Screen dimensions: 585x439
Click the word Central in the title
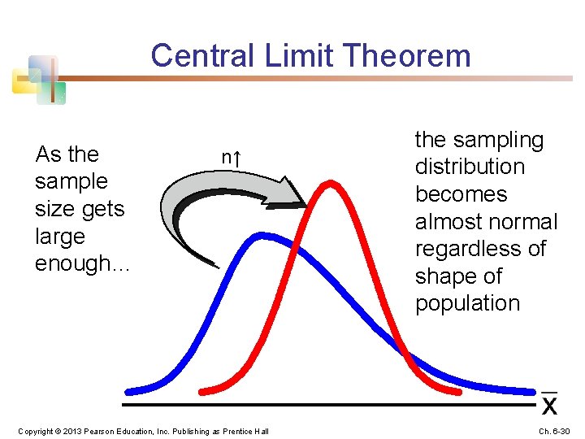[x=202, y=55]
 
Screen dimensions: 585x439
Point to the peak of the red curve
[x=331, y=184]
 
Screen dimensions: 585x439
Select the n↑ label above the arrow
[x=232, y=158]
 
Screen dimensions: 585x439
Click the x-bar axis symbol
[x=549, y=403]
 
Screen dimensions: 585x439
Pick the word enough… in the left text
[x=82, y=263]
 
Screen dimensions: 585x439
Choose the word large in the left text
[x=60, y=237]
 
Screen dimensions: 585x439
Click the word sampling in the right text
[x=498, y=141]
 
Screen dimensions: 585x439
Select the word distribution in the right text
[x=470, y=167]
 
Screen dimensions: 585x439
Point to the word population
[x=467, y=303]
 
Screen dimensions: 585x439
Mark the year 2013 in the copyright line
[x=72, y=431]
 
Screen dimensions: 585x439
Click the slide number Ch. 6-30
[x=554, y=431]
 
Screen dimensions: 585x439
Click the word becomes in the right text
[x=461, y=194]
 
